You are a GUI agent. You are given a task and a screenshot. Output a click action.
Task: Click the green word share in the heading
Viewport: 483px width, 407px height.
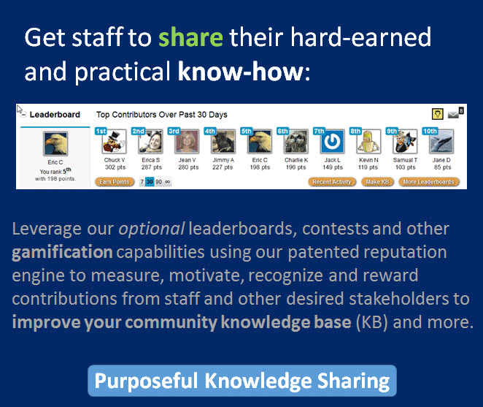coord(190,37)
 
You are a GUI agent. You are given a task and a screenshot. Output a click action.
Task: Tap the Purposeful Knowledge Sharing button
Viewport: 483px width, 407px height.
coord(242,381)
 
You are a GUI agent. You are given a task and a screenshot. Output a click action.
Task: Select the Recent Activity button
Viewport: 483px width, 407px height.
coord(332,182)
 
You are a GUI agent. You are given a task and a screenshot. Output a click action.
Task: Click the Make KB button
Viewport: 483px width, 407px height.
coord(377,182)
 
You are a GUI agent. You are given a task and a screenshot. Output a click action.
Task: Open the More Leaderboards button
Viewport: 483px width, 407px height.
coord(429,182)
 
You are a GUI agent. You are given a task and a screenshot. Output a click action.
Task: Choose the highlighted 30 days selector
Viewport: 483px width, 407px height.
coord(150,182)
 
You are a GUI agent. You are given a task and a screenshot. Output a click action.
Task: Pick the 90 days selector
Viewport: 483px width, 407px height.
coord(158,182)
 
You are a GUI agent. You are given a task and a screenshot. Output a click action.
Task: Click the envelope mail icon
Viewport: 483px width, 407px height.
coord(453,115)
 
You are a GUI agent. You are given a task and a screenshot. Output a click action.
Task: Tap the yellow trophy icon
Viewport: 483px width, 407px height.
coord(438,114)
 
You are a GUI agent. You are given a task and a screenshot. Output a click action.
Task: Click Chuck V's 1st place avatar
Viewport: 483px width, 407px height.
coord(115,142)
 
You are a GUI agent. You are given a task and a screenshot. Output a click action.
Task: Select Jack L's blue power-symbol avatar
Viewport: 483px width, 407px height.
coord(333,142)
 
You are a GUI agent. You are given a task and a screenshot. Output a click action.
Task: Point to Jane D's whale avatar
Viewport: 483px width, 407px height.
coord(441,142)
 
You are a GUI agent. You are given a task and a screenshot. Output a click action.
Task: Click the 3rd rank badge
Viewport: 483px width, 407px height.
coord(174,131)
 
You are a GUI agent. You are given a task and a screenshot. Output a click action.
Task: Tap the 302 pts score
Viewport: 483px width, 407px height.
coord(115,167)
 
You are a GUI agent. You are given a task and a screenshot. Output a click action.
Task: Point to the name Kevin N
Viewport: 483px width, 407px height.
coord(368,160)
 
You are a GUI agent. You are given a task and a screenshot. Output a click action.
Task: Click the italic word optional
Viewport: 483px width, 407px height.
coord(152,229)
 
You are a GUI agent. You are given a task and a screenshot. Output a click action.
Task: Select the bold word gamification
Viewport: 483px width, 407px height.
coord(62,252)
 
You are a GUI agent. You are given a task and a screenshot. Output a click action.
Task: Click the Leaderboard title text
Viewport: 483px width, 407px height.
coord(55,115)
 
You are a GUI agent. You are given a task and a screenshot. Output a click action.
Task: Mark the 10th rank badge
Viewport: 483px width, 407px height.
coord(430,131)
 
